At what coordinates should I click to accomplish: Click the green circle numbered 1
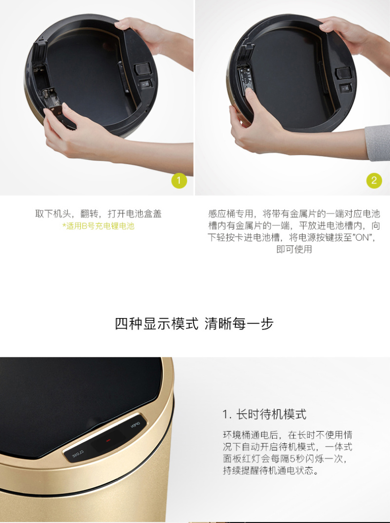[x=179, y=181]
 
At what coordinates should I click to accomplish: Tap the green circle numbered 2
[x=374, y=181]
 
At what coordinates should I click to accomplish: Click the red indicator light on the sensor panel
[x=108, y=441]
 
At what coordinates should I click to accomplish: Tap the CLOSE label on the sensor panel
[x=78, y=454]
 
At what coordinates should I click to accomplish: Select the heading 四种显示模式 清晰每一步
[x=195, y=323]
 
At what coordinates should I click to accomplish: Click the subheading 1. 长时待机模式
[x=264, y=414]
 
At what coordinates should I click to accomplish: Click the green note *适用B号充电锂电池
[x=98, y=226]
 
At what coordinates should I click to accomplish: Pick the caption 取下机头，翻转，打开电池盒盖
[x=98, y=214]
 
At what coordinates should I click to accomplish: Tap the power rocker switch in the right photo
[x=346, y=88]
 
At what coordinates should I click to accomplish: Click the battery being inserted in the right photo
[x=246, y=80]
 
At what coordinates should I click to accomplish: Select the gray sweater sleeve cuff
[x=377, y=143]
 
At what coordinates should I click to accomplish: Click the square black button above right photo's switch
[x=343, y=72]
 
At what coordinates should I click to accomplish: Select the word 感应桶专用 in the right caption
[x=230, y=214]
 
